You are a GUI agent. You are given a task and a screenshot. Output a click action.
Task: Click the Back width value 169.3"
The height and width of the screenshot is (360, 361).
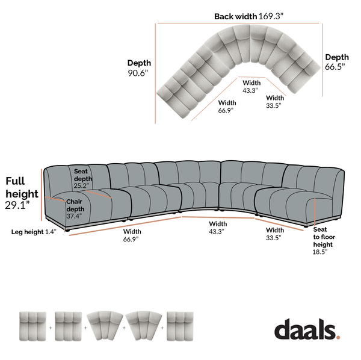(271, 16)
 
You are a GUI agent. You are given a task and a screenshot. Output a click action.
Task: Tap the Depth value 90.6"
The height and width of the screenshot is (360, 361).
(138, 73)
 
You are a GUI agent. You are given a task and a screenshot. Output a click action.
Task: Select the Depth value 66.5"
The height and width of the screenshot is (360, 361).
(335, 67)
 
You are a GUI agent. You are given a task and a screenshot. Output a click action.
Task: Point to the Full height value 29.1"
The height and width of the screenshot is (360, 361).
(17, 205)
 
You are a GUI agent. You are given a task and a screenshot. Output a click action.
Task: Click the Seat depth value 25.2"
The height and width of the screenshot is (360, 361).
(81, 185)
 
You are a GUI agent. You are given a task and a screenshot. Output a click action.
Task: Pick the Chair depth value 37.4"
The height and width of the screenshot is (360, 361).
(74, 216)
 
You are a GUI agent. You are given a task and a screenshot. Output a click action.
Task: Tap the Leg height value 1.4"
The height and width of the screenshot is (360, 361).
(51, 232)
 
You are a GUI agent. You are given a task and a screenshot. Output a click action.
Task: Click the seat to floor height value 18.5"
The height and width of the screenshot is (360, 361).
(320, 252)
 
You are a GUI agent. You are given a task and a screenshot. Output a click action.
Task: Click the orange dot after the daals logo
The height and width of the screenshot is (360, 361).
(338, 337)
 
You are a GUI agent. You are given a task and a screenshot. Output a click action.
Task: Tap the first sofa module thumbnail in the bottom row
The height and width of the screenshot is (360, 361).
(32, 326)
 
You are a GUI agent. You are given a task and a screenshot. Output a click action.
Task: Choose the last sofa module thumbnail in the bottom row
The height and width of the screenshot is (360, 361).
(180, 326)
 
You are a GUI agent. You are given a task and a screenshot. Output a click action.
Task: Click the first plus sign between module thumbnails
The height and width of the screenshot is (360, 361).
(51, 327)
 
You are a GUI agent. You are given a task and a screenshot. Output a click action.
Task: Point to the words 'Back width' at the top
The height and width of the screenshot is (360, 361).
(235, 16)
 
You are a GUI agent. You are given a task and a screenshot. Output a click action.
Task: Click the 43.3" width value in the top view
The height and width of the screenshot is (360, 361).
(250, 90)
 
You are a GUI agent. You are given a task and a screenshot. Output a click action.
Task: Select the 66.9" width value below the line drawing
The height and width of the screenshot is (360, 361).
(131, 239)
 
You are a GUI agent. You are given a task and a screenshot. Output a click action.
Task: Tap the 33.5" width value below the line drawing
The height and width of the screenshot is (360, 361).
(274, 238)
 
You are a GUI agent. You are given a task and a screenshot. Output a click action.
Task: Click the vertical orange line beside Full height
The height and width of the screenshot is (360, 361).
(42, 195)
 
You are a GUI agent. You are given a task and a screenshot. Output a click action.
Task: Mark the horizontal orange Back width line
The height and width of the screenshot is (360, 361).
(238, 23)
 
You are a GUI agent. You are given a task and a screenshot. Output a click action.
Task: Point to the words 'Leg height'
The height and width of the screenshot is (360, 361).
(28, 232)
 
